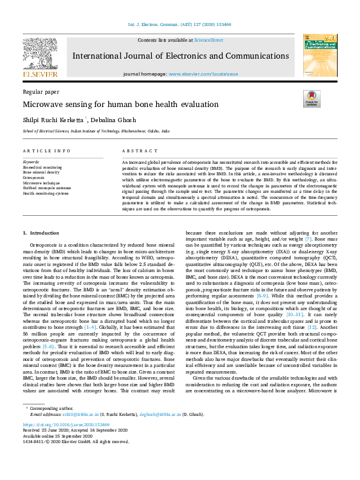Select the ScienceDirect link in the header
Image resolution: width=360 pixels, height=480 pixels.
click(x=209, y=40)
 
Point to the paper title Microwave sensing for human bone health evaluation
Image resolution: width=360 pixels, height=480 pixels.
click(x=112, y=105)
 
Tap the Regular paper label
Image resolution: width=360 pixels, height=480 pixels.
click(x=40, y=91)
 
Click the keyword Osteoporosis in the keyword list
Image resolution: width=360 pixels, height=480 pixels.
click(x=33, y=178)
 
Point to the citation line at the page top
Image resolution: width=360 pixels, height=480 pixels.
click(x=180, y=25)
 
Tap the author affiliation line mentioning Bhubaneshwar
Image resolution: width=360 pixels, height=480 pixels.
click(x=96, y=131)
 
